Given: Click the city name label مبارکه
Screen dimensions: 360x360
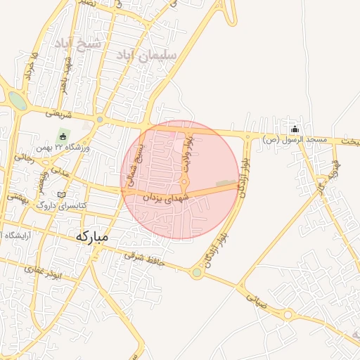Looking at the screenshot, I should [x=91, y=237].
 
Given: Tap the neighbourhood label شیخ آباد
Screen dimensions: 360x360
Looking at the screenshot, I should [x=79, y=44].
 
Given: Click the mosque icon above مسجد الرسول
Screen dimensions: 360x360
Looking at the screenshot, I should [x=295, y=129].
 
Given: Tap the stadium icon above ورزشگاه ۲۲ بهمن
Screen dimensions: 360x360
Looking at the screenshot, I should [x=63, y=136].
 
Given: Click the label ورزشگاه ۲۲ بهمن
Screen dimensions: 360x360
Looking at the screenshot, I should [x=63, y=148].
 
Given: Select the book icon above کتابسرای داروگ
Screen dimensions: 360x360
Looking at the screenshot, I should [x=61, y=194].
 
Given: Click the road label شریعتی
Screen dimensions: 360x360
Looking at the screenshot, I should [x=59, y=112].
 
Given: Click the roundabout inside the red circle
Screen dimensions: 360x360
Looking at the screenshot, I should [x=184, y=184].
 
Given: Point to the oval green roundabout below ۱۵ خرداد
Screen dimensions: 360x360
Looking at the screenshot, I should [x=18, y=102].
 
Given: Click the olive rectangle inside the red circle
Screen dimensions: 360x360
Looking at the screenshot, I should [x=226, y=184].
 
